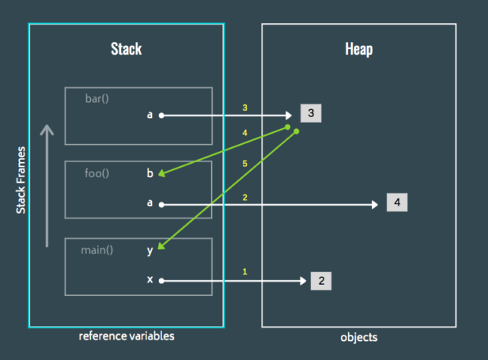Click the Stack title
click(127, 49)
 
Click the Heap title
click(358, 49)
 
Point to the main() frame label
click(97, 250)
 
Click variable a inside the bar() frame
click(149, 116)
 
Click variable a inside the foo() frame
click(149, 204)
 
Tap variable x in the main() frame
click(149, 280)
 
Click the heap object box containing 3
click(311, 114)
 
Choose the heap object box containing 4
click(398, 203)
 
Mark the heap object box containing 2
click(320, 280)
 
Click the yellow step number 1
click(245, 271)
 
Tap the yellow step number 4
click(245, 133)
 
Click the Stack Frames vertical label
click(21, 180)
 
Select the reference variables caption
click(127, 336)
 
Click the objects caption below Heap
click(358, 337)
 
